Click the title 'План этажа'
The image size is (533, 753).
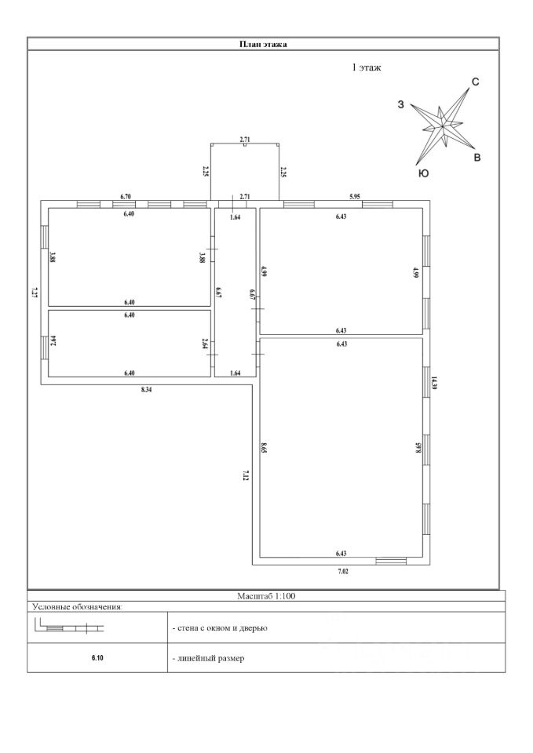(x=263, y=44)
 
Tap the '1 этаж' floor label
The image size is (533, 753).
(x=366, y=68)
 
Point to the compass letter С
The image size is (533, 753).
(x=476, y=82)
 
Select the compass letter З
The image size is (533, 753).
(x=401, y=105)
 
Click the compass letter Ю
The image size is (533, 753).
(x=423, y=173)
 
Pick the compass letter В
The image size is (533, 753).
(x=476, y=158)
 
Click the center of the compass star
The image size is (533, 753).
(x=444, y=123)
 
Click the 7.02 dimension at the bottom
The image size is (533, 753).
(x=343, y=572)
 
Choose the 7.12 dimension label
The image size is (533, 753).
(x=246, y=475)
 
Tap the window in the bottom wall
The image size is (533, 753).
(x=391, y=561)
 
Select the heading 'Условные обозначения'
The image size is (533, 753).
(x=78, y=606)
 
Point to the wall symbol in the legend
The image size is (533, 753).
(x=70, y=627)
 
